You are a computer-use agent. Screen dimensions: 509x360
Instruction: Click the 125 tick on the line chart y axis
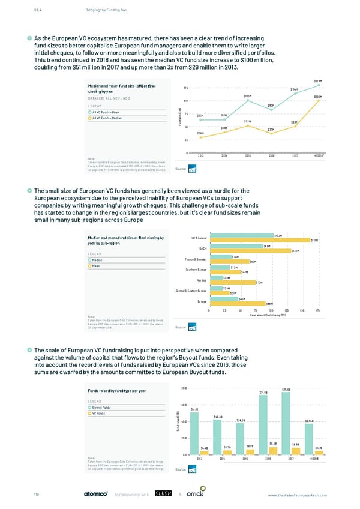[x=187, y=89]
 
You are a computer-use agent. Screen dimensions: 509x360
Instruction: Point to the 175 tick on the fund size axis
[x=317, y=310]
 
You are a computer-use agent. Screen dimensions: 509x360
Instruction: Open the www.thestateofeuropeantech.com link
[x=298, y=495]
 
